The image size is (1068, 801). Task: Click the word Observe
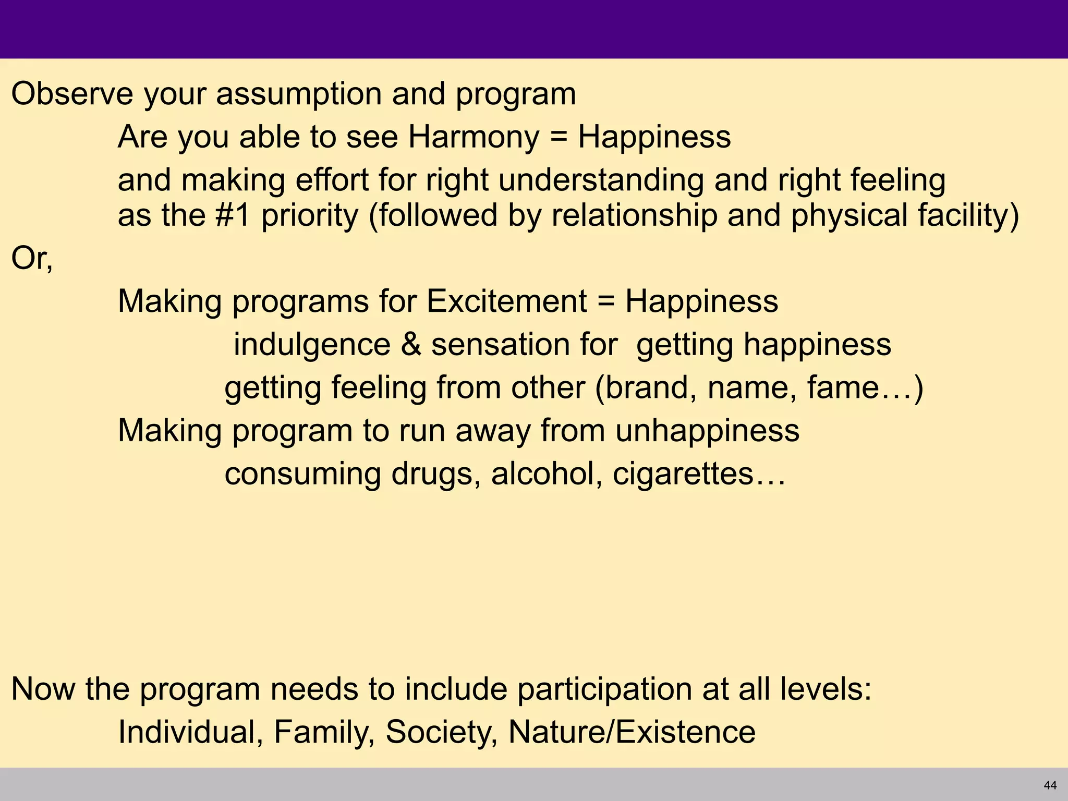tap(72, 94)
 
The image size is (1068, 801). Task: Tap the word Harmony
tap(474, 138)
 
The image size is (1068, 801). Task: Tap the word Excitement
tap(506, 301)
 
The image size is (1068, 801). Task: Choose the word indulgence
tap(312, 345)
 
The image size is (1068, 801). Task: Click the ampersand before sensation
tap(411, 345)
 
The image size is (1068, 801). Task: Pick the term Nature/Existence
tap(632, 732)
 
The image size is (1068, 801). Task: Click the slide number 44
tap(1050, 785)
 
